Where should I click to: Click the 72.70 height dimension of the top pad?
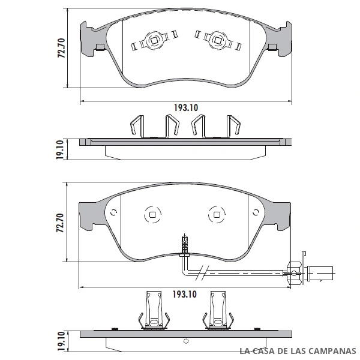pyautogui.click(x=61, y=48)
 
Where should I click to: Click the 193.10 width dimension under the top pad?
pyautogui.click(x=186, y=107)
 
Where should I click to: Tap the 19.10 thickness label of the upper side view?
pyautogui.click(x=59, y=149)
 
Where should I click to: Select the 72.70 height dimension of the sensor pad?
pyautogui.click(x=60, y=223)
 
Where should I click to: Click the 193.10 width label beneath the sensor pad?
pyautogui.click(x=185, y=295)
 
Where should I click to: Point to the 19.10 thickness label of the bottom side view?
pyautogui.click(x=61, y=341)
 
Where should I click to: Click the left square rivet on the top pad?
pyautogui.click(x=154, y=40)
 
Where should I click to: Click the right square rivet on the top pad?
pyautogui.click(x=217, y=40)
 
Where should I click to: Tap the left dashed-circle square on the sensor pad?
pyautogui.click(x=152, y=215)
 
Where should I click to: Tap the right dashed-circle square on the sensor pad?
pyautogui.click(x=217, y=214)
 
